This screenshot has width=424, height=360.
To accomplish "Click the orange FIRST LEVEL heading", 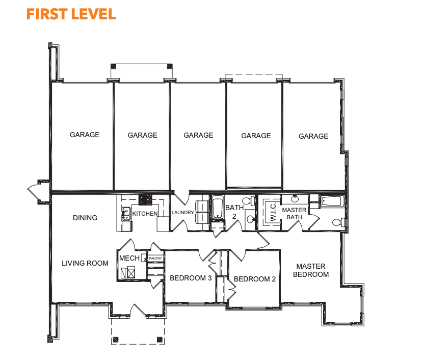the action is [71, 14].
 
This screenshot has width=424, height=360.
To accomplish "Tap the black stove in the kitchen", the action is [145, 199].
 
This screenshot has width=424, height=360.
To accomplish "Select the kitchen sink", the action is [126, 214].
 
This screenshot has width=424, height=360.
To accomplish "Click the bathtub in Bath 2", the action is [218, 208].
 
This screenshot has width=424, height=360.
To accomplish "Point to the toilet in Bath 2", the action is [249, 201].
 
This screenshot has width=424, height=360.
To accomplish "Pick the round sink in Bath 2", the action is [250, 219].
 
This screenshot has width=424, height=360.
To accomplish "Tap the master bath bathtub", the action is [332, 201].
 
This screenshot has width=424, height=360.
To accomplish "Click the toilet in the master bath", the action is [338, 222].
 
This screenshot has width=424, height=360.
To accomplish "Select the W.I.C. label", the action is [273, 212].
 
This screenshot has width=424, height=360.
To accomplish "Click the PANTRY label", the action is [155, 259].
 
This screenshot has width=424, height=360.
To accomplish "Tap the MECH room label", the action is [129, 258].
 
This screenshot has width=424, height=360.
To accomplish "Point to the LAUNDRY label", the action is [183, 213].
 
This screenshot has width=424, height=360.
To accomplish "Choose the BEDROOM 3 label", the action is [191, 278].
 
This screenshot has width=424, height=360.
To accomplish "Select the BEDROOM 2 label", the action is [255, 279].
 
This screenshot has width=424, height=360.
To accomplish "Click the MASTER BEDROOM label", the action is [311, 270].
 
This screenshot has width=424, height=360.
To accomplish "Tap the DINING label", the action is [85, 218].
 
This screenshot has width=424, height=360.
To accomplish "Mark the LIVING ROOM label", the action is [85, 263].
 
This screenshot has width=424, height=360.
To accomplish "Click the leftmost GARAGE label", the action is [85, 135].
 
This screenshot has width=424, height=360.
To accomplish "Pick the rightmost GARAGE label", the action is [313, 136].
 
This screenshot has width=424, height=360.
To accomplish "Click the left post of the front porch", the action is [116, 339].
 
